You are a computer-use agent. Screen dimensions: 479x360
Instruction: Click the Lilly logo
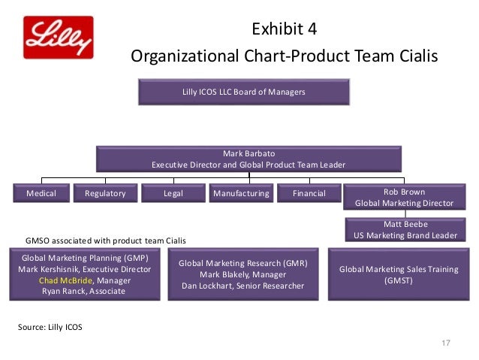[x=59, y=38]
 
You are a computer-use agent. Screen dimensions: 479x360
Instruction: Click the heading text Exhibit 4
[x=285, y=31]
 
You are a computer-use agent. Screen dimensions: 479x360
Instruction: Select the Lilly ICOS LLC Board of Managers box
[x=243, y=92]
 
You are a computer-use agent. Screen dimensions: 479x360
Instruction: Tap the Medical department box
[x=41, y=194]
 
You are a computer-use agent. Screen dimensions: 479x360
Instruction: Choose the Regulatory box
[x=105, y=194]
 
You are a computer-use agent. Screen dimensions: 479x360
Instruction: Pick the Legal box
[x=173, y=194]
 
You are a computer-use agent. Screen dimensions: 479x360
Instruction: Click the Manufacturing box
[x=241, y=194]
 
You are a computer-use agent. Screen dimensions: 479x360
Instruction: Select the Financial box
[x=309, y=194]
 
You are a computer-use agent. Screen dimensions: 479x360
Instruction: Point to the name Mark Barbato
[x=249, y=153]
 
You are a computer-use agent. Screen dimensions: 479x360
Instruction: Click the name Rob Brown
[x=404, y=192]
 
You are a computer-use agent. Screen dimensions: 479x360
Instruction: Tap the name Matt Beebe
[x=405, y=224]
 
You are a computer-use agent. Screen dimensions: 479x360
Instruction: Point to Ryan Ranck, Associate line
[x=84, y=292]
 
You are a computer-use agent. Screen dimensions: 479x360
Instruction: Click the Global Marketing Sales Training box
[x=405, y=275]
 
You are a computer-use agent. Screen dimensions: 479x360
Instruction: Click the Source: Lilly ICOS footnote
[x=51, y=327]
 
